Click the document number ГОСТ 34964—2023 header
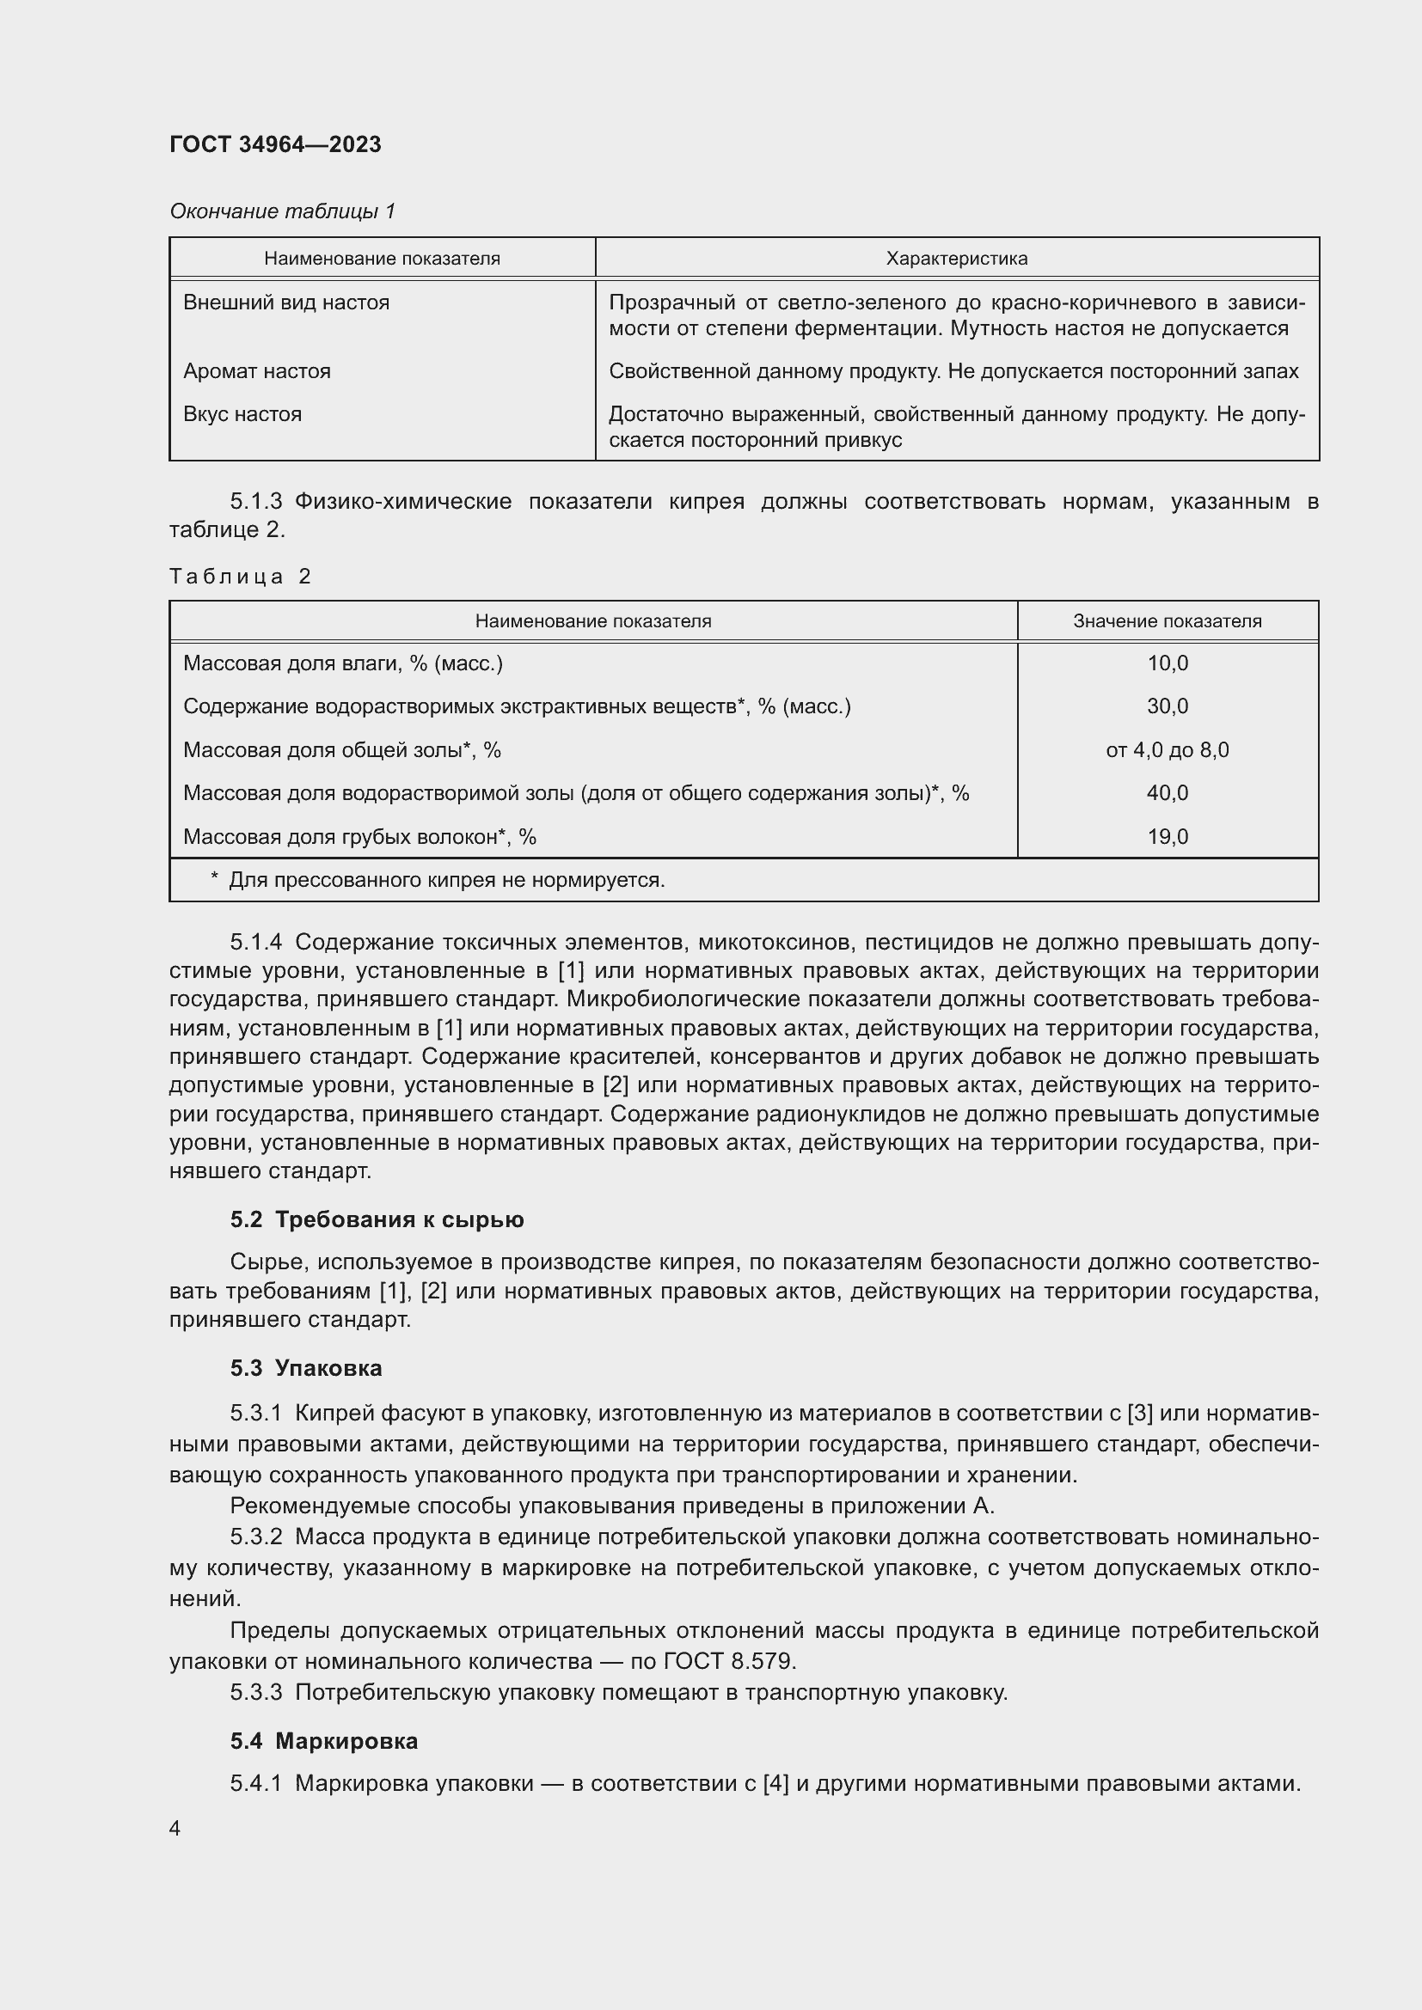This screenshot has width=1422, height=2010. [275, 144]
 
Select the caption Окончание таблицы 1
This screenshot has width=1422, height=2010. [282, 211]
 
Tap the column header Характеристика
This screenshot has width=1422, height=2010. [956, 259]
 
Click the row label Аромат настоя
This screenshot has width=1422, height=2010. [256, 371]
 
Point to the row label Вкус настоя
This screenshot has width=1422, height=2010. [242, 414]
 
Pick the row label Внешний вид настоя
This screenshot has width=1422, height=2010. [286, 302]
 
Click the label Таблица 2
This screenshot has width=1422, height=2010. [240, 576]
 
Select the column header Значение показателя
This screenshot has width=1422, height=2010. [1167, 620]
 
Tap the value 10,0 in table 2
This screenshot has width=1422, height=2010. [1168, 663]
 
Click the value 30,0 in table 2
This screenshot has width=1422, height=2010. [1168, 706]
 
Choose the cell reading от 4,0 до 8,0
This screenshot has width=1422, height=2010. [1167, 750]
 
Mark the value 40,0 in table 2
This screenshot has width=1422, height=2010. [1168, 793]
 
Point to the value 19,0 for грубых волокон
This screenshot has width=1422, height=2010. [1168, 837]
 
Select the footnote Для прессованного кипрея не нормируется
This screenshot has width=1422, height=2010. [445, 880]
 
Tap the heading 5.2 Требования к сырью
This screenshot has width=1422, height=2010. [377, 1219]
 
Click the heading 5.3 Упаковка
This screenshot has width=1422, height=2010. [305, 1367]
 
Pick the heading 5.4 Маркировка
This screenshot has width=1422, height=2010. [324, 1740]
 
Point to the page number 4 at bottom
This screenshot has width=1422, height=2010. [175, 1828]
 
